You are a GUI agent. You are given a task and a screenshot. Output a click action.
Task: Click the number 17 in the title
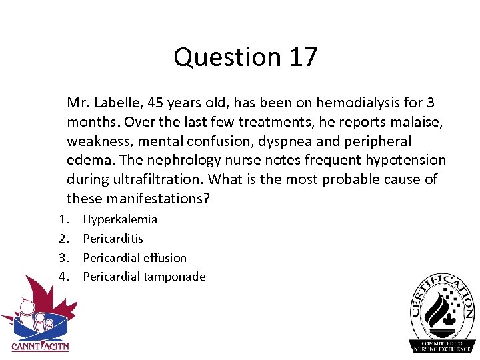tap(303, 57)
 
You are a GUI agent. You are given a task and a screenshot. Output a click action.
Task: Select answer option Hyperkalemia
tap(120, 219)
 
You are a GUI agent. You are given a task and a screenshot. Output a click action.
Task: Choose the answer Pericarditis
tap(113, 239)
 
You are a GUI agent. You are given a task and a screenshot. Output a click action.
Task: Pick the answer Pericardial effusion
tap(135, 257)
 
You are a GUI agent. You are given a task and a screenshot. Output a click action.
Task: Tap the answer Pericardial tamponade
tap(144, 277)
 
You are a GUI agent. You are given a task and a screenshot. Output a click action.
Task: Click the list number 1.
tap(61, 219)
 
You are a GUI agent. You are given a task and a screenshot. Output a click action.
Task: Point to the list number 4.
tap(61, 277)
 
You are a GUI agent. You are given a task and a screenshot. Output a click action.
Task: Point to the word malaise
tap(413, 122)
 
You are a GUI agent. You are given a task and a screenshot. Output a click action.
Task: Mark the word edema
tap(85, 161)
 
